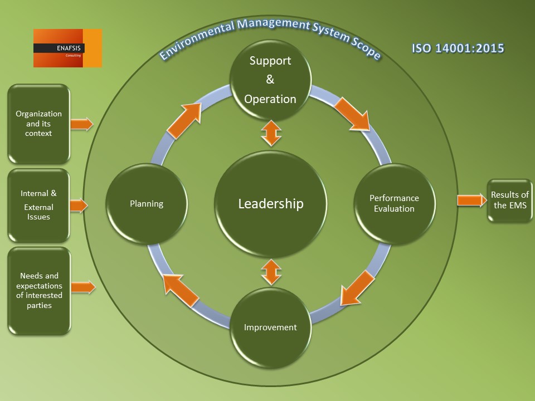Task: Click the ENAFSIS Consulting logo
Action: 67,48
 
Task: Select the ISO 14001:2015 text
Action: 458,48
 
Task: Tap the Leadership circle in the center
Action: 271,204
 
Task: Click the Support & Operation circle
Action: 270,79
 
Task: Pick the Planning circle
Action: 147,204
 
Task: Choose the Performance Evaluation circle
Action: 394,204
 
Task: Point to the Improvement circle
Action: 270,327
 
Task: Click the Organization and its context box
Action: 38,124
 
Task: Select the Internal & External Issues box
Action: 38,205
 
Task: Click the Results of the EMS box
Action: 509,200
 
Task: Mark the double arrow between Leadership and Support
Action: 270,134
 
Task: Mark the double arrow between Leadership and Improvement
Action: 270,272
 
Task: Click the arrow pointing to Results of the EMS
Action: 471,200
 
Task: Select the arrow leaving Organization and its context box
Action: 82,124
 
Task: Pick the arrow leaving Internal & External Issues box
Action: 79,206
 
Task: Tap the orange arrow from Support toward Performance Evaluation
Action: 353,115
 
